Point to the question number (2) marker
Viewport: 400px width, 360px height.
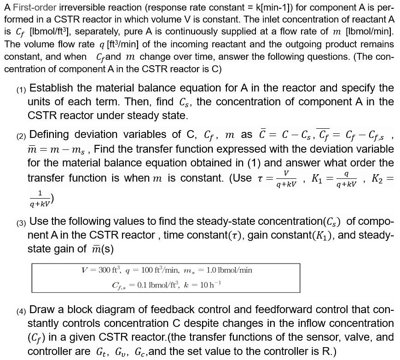pos(21,137)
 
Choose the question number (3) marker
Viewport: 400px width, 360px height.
pos(21,223)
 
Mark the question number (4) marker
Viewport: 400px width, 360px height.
pos(21,311)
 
